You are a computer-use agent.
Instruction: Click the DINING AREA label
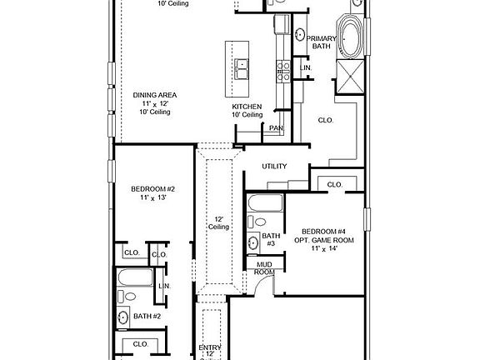click(x=155, y=95)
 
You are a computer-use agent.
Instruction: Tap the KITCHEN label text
click(x=247, y=107)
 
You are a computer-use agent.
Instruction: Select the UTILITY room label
click(x=274, y=166)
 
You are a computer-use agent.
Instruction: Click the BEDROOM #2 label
click(x=152, y=189)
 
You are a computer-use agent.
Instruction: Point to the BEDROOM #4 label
click(x=323, y=232)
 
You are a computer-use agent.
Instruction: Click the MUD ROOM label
click(x=264, y=268)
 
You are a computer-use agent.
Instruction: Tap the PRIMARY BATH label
click(x=321, y=42)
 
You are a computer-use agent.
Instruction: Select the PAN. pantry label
click(x=276, y=128)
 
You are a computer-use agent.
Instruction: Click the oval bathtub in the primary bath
click(x=351, y=37)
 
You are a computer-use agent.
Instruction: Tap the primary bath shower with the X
click(x=350, y=76)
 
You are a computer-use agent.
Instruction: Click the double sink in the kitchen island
click(x=242, y=69)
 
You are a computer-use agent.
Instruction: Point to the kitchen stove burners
click(x=283, y=72)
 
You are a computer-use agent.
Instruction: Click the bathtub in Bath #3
click(x=265, y=203)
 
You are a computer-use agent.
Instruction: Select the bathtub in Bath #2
click(x=135, y=277)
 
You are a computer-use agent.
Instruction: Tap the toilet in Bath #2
click(x=127, y=297)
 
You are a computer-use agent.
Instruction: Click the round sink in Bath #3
click(x=253, y=243)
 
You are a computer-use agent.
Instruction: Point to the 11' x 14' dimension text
click(x=324, y=248)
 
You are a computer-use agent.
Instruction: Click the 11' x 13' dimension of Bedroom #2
click(x=153, y=197)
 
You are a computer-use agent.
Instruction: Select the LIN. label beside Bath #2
click(x=164, y=286)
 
